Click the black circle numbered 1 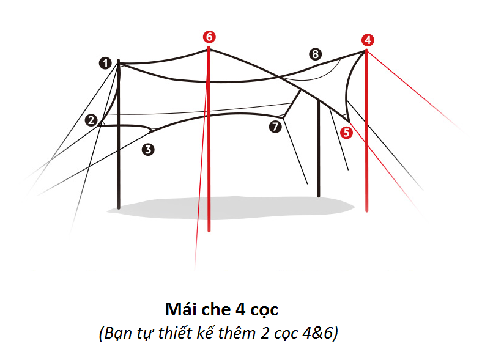point(105,64)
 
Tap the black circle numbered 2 point(91,120)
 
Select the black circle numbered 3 point(148,150)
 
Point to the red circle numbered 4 point(368,40)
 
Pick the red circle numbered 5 point(346,133)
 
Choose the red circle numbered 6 point(209,37)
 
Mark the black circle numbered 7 point(275,127)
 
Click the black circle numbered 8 point(315,54)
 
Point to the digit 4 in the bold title point(240,309)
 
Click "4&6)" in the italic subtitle point(321,333)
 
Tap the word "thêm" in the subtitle point(237,332)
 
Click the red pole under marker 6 point(209,139)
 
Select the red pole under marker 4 point(367,131)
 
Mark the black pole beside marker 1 point(119,134)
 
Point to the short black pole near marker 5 point(319,148)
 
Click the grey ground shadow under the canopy point(231,208)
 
